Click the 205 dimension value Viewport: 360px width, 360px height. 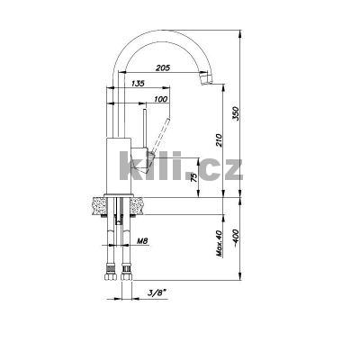coord(164,68)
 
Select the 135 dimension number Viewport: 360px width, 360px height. coord(138,84)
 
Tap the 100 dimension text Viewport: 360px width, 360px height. coord(160,98)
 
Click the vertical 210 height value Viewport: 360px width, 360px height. coord(218,141)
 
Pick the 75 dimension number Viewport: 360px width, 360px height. coord(193,177)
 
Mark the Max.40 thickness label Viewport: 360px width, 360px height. coord(218,242)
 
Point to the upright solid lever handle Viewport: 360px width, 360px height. coord(142,127)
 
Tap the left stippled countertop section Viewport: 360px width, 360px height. coord(96,206)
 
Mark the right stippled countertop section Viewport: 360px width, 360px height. coord(137,206)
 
